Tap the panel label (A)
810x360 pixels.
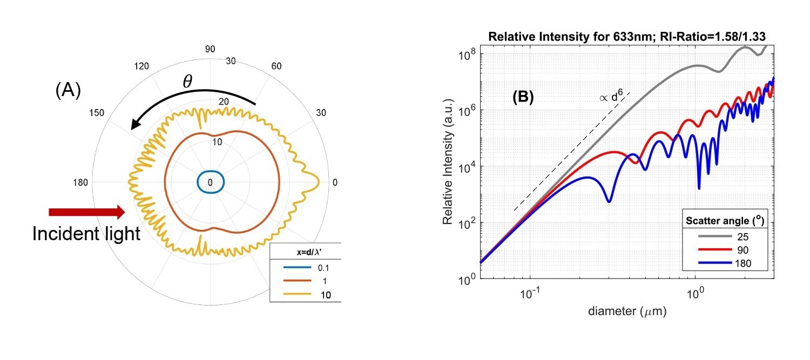tap(67, 91)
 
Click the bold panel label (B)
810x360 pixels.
tap(523, 97)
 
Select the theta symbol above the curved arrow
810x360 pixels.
tap(187, 81)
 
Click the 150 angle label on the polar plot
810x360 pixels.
tap(97, 113)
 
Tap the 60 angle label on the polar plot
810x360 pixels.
tap(276, 66)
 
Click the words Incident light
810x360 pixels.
tap(86, 234)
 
